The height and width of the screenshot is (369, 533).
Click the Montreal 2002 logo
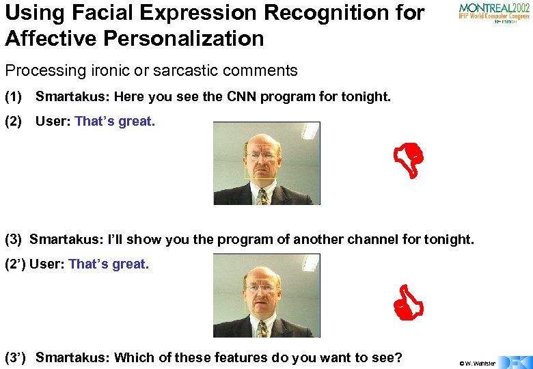(493, 13)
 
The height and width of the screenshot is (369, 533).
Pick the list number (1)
(13, 96)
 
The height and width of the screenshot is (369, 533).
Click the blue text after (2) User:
(115, 122)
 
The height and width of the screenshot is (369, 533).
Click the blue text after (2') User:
(108, 264)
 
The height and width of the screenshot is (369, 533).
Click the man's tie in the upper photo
(262, 196)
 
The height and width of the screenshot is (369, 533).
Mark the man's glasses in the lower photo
(260, 288)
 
